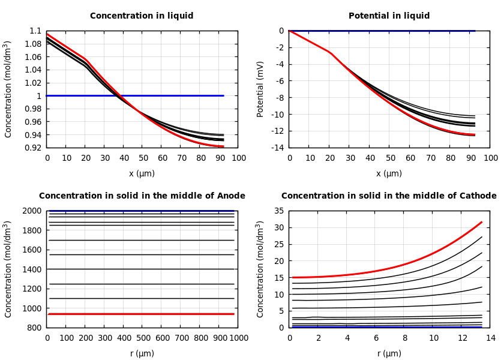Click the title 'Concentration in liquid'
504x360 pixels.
[x=142, y=16]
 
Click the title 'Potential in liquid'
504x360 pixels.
[x=389, y=16]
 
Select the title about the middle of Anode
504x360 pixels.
[x=142, y=196]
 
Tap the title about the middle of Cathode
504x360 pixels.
[x=389, y=196]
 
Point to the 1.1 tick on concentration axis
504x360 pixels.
[x=35, y=31]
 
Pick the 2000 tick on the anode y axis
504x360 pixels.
[x=32, y=211]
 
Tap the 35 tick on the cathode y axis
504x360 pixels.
[x=279, y=211]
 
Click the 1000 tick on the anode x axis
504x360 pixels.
[x=239, y=338]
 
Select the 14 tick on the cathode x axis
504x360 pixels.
[x=491, y=338]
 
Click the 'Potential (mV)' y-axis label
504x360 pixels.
[x=260, y=89]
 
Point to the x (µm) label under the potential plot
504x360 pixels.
[x=389, y=173]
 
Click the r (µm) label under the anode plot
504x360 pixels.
[x=142, y=353]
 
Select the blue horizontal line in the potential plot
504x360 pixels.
[x=384, y=31]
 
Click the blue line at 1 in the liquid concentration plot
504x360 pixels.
[x=168, y=95]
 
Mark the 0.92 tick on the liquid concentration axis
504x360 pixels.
[x=33, y=148]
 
